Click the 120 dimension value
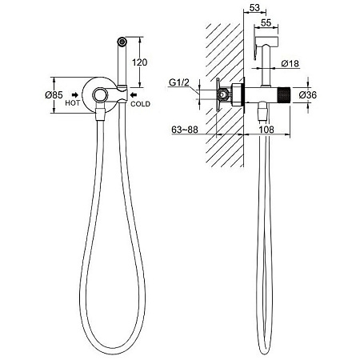point(140,62)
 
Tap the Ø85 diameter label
point(54,94)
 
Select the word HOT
point(72,103)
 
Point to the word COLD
point(140,104)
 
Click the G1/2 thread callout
point(179,82)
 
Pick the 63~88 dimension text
point(185,130)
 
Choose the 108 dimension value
point(266,130)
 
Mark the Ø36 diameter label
point(307,94)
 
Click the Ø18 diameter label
point(290,64)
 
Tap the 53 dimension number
point(254,8)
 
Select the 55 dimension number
point(266,23)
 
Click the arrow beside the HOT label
point(75,94)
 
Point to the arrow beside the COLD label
point(133,94)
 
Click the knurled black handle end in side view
point(284,94)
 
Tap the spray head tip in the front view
point(122,42)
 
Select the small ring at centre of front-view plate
point(99,94)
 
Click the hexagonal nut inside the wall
point(223,94)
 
